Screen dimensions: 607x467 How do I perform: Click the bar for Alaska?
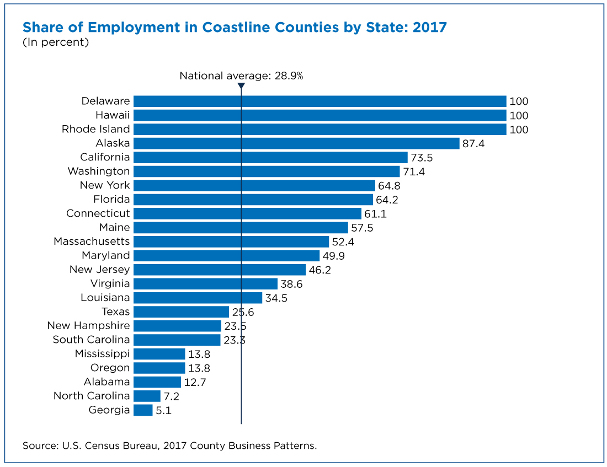(296, 143)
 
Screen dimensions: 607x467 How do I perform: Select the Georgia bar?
(143, 410)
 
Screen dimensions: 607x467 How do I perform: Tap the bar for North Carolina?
(147, 396)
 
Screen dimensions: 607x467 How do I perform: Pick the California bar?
(270, 158)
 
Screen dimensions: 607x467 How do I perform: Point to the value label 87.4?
(473, 144)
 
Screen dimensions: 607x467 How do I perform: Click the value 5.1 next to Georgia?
(163, 411)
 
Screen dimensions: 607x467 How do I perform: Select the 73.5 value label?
(422, 158)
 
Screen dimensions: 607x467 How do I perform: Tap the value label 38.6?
(291, 285)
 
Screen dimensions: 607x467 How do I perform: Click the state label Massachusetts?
(92, 241)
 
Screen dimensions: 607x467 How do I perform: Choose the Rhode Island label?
(95, 129)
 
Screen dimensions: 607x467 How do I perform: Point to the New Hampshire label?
(88, 326)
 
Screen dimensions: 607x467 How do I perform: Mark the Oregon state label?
(110, 368)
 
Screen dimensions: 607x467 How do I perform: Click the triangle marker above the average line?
(241, 85)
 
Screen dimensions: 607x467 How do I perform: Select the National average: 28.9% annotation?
(241, 76)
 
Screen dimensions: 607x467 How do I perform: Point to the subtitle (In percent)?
(56, 42)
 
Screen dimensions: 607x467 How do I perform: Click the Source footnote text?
(169, 445)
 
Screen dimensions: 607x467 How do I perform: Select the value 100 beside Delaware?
(519, 102)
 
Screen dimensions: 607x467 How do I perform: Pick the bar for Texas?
(181, 312)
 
